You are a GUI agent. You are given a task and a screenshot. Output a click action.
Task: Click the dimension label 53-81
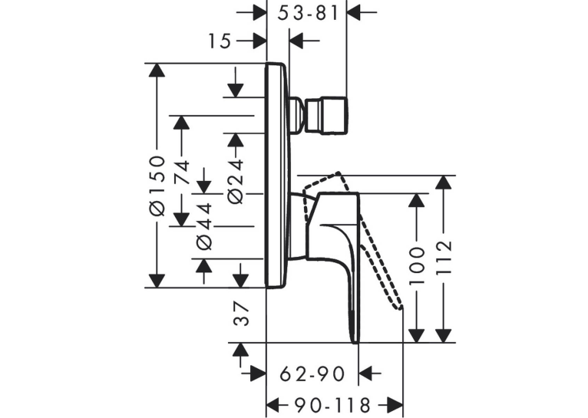tap(309, 14)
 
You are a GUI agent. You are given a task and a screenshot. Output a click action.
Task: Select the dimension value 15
tap(220, 41)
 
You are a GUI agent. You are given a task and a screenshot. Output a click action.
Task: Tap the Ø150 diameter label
tap(157, 186)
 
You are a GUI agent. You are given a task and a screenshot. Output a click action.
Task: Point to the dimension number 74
tap(181, 172)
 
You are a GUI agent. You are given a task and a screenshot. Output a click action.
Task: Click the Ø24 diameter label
tap(236, 181)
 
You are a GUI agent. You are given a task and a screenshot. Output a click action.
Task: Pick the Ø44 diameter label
tap(204, 225)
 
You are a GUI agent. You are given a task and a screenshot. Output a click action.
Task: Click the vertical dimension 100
tap(416, 265)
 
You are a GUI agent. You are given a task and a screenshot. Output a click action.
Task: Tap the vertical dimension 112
tap(444, 257)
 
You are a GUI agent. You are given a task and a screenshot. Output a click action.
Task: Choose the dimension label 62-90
tap(312, 374)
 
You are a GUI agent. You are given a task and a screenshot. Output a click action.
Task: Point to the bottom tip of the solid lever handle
tap(355, 342)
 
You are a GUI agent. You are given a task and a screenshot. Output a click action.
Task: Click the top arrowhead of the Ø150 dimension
tap(157, 70)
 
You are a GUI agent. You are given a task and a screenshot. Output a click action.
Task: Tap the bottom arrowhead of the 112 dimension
tap(444, 336)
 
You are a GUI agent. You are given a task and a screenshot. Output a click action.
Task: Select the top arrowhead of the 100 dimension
tap(416, 200)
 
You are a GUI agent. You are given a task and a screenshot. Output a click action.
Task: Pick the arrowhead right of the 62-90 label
tap(365, 373)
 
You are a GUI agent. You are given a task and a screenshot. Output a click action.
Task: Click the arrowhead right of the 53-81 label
tap(354, 12)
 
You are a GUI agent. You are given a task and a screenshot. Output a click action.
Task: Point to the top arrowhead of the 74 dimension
tap(181, 123)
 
